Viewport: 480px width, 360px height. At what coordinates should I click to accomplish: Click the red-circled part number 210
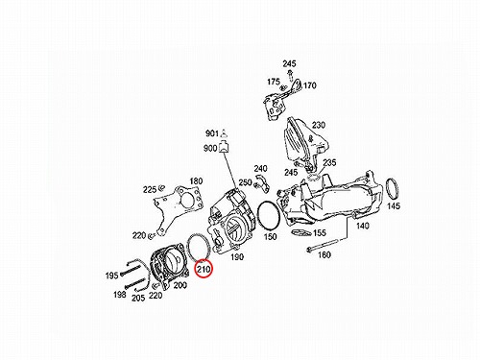click(x=204, y=270)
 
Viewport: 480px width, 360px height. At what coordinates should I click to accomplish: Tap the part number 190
click(x=237, y=256)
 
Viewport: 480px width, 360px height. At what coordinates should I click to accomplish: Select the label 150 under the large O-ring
click(x=271, y=236)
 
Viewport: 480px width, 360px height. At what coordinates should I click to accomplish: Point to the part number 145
click(x=394, y=205)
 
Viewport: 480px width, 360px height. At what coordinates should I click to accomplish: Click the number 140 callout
click(x=363, y=226)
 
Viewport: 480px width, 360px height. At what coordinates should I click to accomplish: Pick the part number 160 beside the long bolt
click(x=324, y=255)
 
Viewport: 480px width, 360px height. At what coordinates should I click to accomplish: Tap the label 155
click(x=320, y=232)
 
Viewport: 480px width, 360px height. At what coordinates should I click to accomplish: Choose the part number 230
click(x=319, y=125)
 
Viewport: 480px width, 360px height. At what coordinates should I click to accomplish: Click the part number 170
click(x=309, y=85)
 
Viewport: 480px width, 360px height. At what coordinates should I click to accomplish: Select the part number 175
click(x=274, y=82)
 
